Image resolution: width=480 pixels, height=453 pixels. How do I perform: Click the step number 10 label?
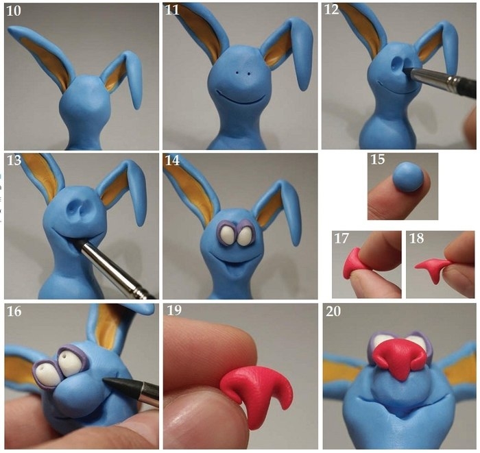pyautogui.click(x=14, y=11)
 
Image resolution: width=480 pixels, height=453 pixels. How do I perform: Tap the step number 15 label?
pyautogui.click(x=377, y=159)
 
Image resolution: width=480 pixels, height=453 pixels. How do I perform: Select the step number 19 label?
pyautogui.click(x=174, y=310)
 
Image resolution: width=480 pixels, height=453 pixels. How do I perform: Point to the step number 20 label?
pyautogui.click(x=333, y=311)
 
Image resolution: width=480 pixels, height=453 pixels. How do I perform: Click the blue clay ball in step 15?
pyautogui.click(x=408, y=177)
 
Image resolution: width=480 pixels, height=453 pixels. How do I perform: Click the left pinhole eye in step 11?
pyautogui.click(x=237, y=73)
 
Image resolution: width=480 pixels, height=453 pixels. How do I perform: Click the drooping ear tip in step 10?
pyautogui.click(x=137, y=105)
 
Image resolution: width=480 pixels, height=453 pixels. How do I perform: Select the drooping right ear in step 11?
pyautogui.click(x=302, y=54)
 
